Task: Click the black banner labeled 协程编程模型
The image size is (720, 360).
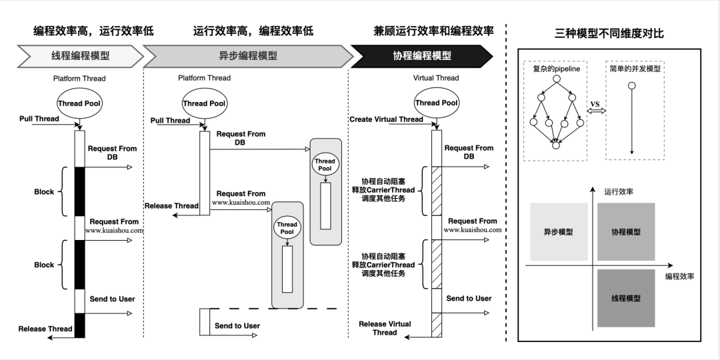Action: tap(421, 56)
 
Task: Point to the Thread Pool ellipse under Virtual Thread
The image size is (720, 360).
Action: tap(436, 103)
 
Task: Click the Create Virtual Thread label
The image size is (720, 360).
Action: tap(386, 119)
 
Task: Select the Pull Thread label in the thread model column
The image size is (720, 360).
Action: tap(39, 119)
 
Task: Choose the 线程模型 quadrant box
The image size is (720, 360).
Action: tap(626, 298)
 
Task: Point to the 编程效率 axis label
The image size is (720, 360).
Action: tap(679, 276)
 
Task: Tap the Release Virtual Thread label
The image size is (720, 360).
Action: tap(385, 328)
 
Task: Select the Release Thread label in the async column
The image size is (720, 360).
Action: tap(171, 206)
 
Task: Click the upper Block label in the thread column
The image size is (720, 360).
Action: tap(44, 191)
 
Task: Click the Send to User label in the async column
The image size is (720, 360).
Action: tap(237, 326)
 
